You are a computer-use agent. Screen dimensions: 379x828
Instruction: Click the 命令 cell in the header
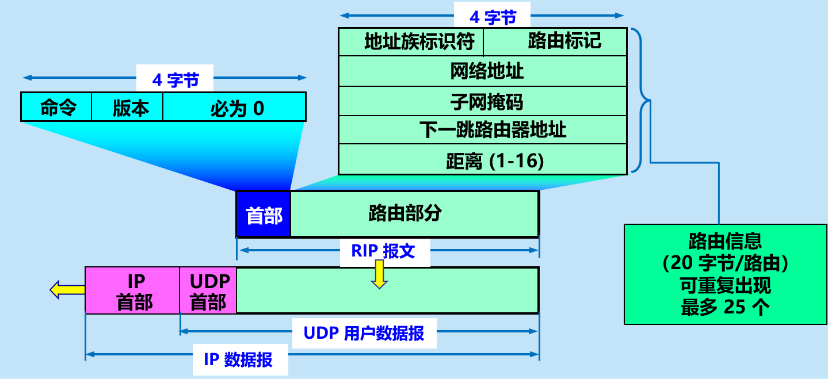[x=57, y=108]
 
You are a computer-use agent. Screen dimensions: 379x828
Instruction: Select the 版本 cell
[x=127, y=108]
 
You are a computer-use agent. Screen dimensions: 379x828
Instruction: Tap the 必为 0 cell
[x=235, y=108]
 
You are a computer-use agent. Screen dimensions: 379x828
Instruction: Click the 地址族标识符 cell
[x=411, y=42]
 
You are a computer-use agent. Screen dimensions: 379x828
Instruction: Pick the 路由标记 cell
[x=555, y=41]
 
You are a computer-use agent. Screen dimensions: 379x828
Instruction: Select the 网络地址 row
[x=482, y=71]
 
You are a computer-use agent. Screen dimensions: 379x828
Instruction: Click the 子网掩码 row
[x=482, y=102]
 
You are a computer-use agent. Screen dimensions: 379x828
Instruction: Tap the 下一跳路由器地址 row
[x=482, y=130]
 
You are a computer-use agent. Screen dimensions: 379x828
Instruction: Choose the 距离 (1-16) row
[x=482, y=160]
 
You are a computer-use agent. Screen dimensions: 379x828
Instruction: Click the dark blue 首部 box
[x=264, y=215]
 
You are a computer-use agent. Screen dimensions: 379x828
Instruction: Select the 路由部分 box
[x=414, y=214]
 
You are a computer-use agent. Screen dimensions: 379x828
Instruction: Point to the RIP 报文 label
[x=384, y=251]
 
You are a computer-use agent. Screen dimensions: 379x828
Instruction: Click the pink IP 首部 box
[x=132, y=291]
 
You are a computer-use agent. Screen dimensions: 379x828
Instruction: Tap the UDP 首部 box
[x=208, y=291]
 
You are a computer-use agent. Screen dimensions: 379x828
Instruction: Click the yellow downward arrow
[x=379, y=274]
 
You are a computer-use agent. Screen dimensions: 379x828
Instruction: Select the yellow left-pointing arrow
[x=67, y=290]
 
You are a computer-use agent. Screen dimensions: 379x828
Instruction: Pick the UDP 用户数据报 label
[x=364, y=334]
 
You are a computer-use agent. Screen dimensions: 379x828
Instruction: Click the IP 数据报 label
[x=238, y=360]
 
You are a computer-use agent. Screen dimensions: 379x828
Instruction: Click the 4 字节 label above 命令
[x=174, y=79]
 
